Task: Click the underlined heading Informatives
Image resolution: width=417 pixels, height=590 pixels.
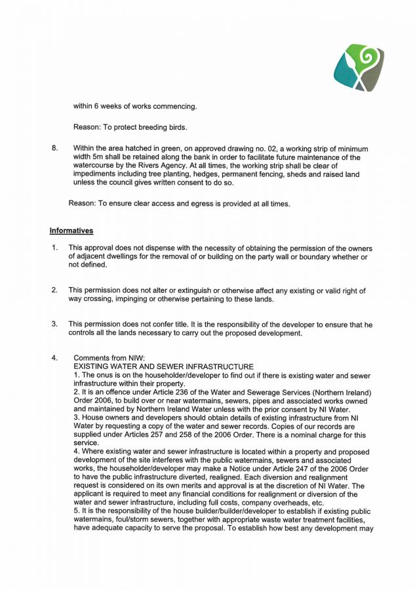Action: (71, 231)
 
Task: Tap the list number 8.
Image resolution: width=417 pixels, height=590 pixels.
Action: (54, 149)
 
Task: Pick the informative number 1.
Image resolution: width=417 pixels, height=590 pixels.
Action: (54, 248)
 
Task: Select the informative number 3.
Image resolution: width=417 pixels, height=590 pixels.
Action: (54, 324)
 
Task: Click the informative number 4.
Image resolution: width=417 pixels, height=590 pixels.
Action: (54, 358)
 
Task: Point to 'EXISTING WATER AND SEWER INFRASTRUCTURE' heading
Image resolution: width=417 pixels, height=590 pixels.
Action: (163, 366)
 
